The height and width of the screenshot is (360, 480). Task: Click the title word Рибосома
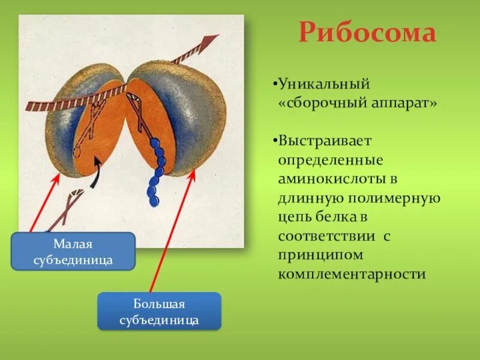coord(367,32)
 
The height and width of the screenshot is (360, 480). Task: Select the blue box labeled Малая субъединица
coord(73,252)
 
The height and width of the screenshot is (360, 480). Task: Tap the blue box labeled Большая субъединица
coord(159,311)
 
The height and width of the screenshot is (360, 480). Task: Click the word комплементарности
coord(351,274)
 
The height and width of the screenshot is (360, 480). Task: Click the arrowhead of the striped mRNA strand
coord(207,43)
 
